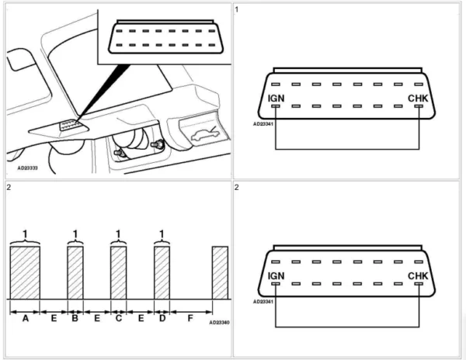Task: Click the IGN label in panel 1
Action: [276, 99]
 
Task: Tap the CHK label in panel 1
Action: [418, 99]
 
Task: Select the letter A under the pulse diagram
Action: [25, 319]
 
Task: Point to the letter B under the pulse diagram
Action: [75, 319]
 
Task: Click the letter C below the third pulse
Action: [118, 319]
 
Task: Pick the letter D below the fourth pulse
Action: [162, 319]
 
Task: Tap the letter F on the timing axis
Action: [190, 319]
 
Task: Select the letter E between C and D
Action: [140, 319]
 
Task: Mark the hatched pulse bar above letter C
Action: [118, 272]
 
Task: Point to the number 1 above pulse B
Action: [75, 234]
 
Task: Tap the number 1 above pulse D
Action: [162, 234]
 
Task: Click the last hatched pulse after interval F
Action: [221, 272]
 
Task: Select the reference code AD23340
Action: [221, 323]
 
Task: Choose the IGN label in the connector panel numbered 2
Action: [276, 275]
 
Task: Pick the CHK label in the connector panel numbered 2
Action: [418, 275]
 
